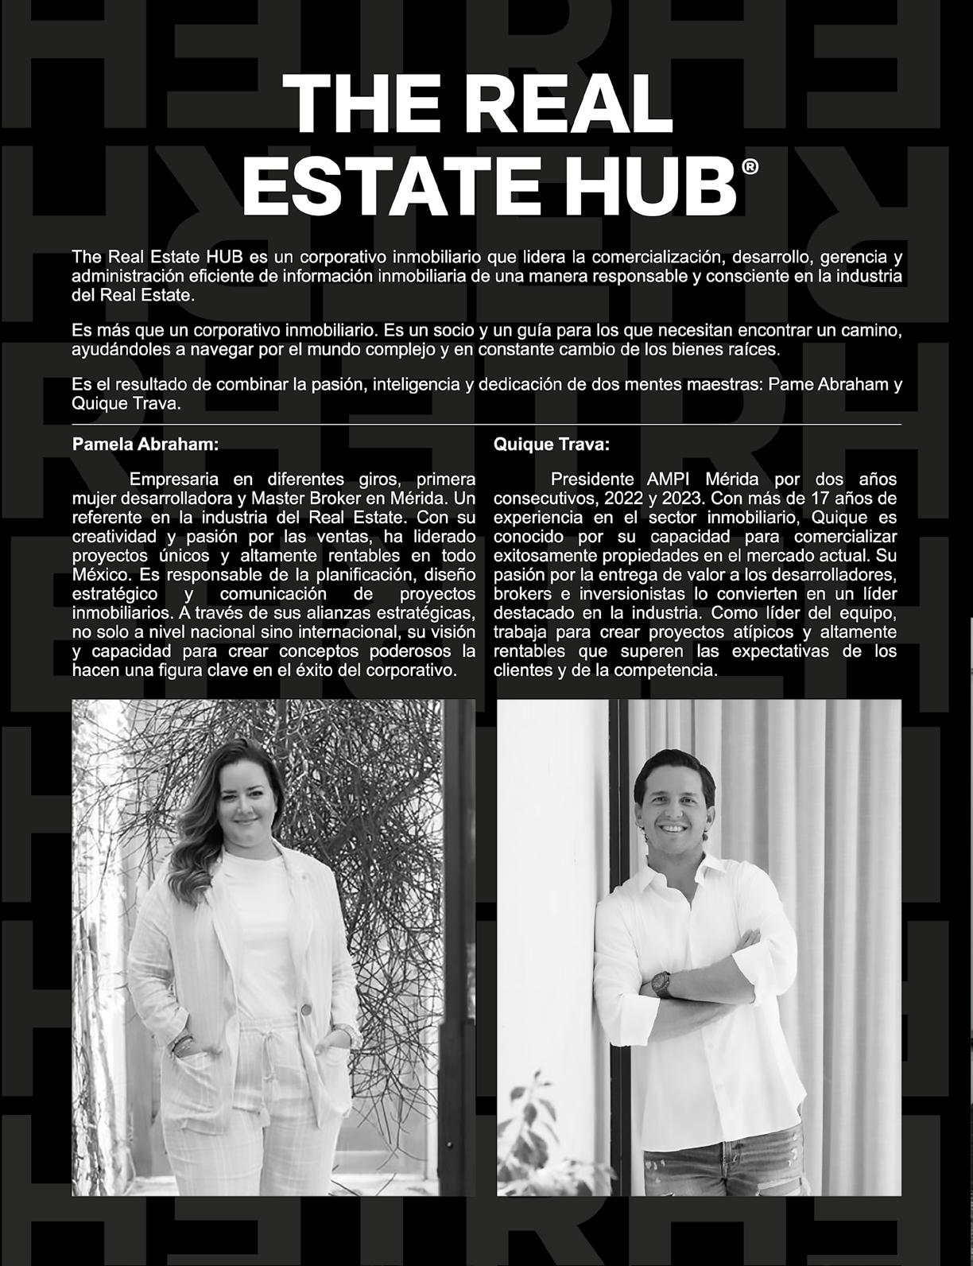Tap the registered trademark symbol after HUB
coord(750,166)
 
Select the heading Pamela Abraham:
coord(145,445)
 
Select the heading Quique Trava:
coord(552,445)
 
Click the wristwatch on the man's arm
coord(660,983)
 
